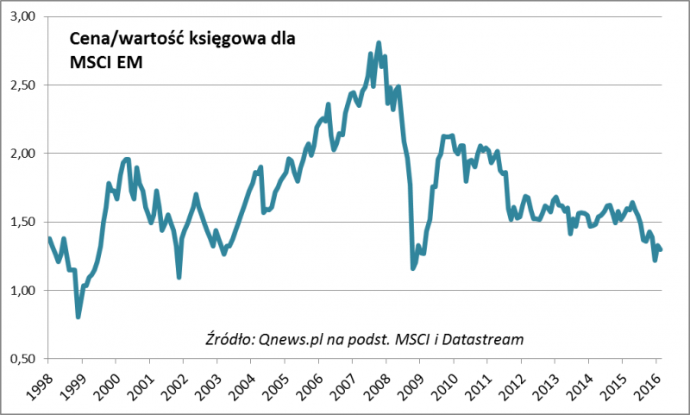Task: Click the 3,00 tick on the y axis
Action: (24, 16)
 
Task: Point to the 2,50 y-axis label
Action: (24, 85)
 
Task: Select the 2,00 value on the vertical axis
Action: (24, 153)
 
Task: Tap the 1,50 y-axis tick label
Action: (24, 222)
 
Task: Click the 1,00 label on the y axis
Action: (24, 290)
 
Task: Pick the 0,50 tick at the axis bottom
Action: (24, 358)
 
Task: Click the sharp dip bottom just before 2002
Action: (179, 277)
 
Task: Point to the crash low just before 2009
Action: (413, 268)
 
